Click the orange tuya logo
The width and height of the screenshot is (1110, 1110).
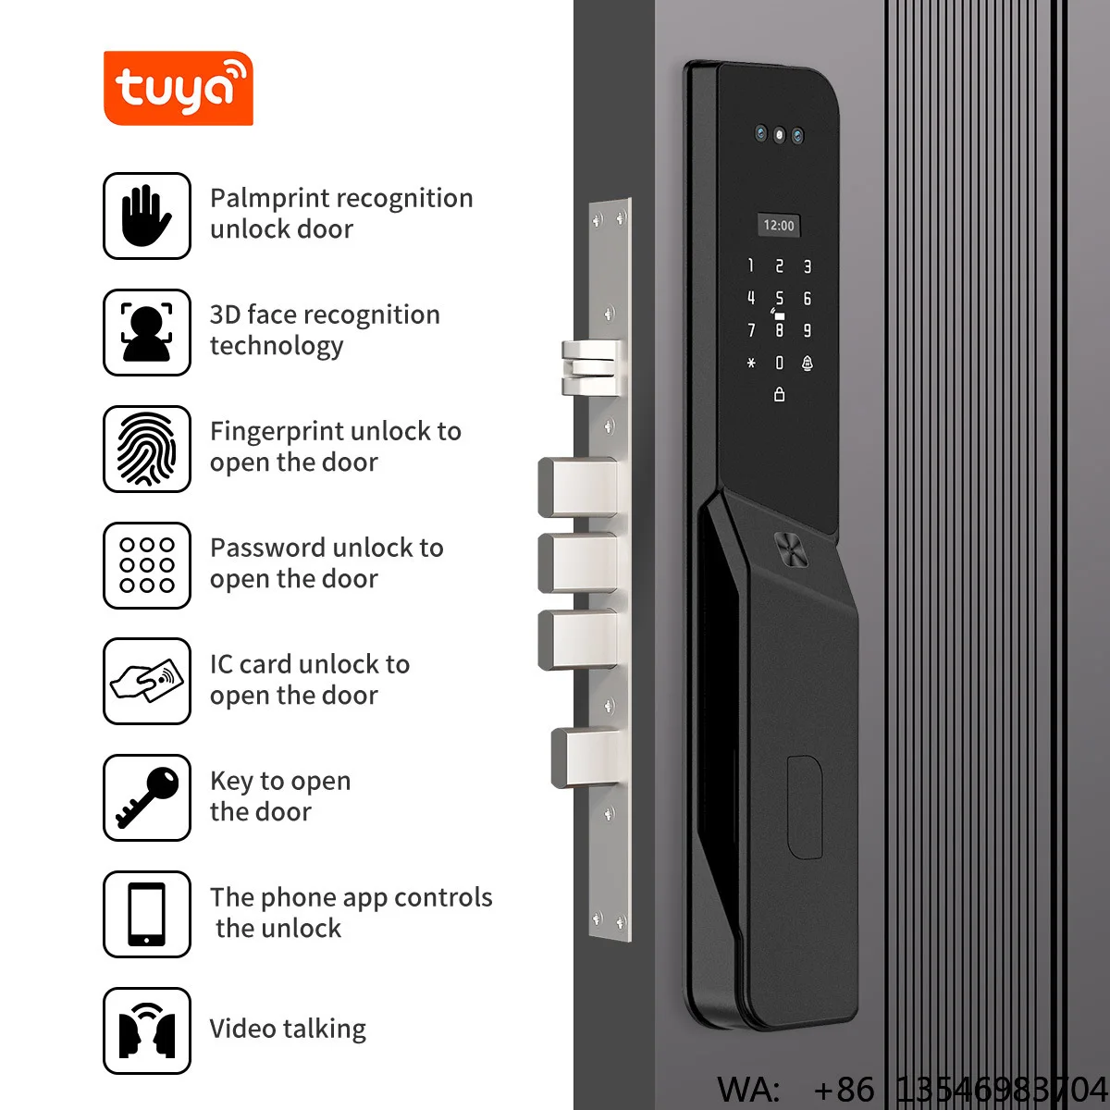click(178, 88)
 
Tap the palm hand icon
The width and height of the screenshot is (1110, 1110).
click(146, 216)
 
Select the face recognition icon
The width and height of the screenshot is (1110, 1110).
click(146, 332)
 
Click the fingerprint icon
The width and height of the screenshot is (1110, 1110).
click(146, 449)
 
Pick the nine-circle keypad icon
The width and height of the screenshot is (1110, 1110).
click(146, 565)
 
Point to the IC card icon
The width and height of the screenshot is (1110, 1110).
click(146, 681)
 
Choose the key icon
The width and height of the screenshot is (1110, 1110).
click(146, 797)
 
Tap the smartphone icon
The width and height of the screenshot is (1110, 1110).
click(146, 914)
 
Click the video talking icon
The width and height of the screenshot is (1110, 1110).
click(146, 1031)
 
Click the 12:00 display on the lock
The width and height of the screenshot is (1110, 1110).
click(778, 225)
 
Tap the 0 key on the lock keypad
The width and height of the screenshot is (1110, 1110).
click(779, 363)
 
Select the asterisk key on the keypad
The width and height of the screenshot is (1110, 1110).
click(751, 363)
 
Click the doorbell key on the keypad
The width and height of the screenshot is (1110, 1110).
click(807, 363)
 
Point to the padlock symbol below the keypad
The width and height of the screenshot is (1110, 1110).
click(779, 395)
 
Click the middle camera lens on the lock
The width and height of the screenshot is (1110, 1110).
click(779, 135)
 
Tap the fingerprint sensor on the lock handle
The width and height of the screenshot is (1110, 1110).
click(790, 549)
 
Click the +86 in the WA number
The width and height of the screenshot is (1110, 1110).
click(844, 1090)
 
